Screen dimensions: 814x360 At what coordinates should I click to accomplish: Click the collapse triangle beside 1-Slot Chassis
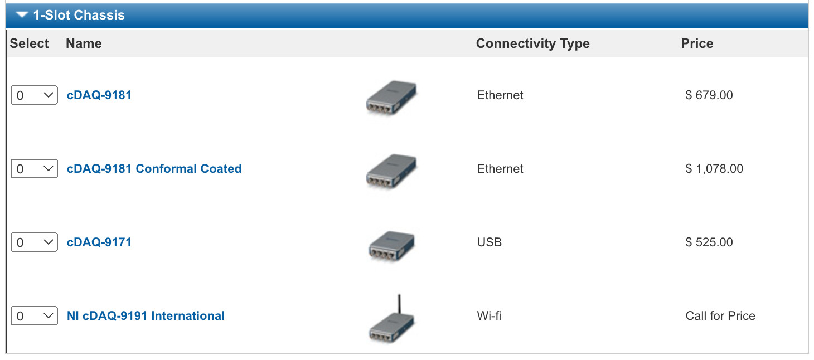point(22,14)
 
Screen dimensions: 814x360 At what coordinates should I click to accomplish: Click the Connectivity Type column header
point(533,43)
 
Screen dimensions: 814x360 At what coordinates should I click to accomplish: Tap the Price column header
point(697,43)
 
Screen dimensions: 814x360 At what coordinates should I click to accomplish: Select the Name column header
point(84,43)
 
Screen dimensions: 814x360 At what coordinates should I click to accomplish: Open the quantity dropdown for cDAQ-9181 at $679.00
point(34,95)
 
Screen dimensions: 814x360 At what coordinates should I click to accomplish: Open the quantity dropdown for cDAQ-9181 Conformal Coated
point(34,168)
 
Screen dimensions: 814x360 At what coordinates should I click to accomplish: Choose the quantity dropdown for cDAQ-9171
point(34,242)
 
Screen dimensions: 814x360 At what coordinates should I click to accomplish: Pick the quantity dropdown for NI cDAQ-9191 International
point(34,315)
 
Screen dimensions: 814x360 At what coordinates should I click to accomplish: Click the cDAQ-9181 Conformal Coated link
point(154,168)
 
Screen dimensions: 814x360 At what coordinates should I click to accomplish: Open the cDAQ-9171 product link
point(99,242)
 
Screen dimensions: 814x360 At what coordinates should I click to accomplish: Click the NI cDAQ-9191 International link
point(146,315)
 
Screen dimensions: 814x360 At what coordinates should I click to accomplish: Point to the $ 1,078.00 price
point(714,168)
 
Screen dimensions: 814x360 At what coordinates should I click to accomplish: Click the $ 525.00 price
point(709,242)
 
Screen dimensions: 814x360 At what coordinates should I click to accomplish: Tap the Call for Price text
point(720,315)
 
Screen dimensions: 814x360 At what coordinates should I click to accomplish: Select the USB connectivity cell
point(489,242)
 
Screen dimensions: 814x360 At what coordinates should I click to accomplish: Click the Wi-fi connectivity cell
point(489,315)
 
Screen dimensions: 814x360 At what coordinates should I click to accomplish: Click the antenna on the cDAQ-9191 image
point(399,304)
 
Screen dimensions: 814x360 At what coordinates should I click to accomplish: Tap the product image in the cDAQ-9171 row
point(391,246)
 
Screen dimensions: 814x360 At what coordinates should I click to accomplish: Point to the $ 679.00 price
point(709,95)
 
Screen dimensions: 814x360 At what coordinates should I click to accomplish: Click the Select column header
point(29,43)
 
